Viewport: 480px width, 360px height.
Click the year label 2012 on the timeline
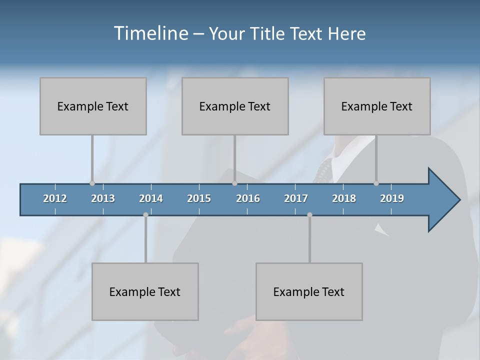click(55, 198)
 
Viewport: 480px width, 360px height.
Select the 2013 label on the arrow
click(103, 198)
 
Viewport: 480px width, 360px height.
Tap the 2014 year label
click(151, 198)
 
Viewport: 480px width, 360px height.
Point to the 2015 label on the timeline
click(199, 198)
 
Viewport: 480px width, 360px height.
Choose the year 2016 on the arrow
click(248, 198)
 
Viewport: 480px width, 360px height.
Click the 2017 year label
click(296, 198)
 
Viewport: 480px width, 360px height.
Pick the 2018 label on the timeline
click(344, 198)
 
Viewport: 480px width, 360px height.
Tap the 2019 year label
click(392, 198)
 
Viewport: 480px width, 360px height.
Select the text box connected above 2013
click(93, 106)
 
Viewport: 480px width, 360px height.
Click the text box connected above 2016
click(235, 106)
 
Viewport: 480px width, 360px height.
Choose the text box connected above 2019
click(377, 106)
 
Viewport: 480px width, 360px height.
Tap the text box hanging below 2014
click(145, 291)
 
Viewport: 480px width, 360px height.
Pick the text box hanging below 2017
click(309, 291)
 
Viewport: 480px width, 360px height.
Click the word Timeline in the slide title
click(150, 33)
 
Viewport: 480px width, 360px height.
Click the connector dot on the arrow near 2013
click(92, 183)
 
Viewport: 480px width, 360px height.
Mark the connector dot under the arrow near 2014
click(145, 214)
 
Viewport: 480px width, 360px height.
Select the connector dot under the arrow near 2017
click(309, 214)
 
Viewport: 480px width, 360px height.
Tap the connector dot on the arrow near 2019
click(376, 183)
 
